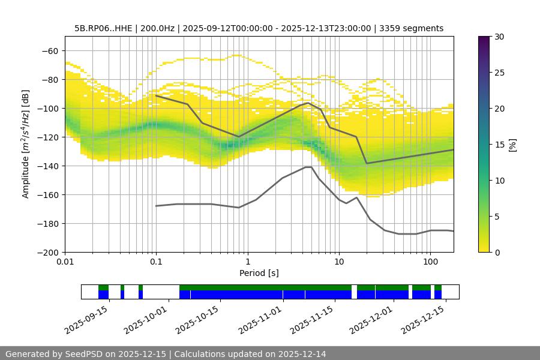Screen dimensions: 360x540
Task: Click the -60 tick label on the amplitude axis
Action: pos(49,50)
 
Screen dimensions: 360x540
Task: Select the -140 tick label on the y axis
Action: pos(46,166)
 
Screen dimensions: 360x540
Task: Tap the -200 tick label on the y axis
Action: pos(46,252)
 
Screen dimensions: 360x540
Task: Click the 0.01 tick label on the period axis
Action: pos(65,262)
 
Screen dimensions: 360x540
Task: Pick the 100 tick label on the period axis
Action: pos(430,262)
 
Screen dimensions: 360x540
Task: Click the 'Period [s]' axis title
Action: pos(259,273)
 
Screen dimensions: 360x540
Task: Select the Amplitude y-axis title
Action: pos(26,144)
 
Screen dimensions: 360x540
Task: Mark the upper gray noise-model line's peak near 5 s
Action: pos(308,103)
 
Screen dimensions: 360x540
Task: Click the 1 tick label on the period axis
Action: pos(247,262)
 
